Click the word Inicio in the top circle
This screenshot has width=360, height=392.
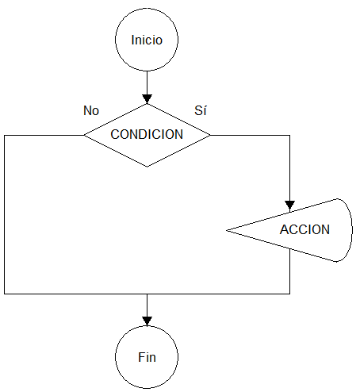pyautogui.click(x=147, y=40)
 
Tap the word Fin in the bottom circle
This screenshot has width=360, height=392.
pyautogui.click(x=147, y=357)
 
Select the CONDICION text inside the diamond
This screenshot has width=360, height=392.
pyautogui.click(x=147, y=134)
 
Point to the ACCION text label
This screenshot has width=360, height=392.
pyautogui.click(x=304, y=229)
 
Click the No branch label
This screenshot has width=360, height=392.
pyautogui.click(x=91, y=110)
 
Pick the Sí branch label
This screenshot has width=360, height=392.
pyautogui.click(x=201, y=110)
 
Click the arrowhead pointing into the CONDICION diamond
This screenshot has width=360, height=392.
pyautogui.click(x=147, y=98)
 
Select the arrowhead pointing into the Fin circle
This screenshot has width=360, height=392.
pyautogui.click(x=147, y=321)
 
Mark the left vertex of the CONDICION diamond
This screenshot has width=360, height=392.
pyautogui.click(x=84, y=135)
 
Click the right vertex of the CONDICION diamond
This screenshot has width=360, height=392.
pyautogui.click(x=210, y=135)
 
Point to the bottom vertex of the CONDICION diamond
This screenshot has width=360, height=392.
pyautogui.click(x=147, y=167)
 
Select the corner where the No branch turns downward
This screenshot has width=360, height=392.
pyautogui.click(x=5, y=135)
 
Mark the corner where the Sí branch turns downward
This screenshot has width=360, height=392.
pyautogui.click(x=290, y=135)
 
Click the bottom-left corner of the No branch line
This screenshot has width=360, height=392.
pyautogui.click(x=5, y=294)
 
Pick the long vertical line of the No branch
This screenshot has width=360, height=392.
pyautogui.click(x=5, y=214)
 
